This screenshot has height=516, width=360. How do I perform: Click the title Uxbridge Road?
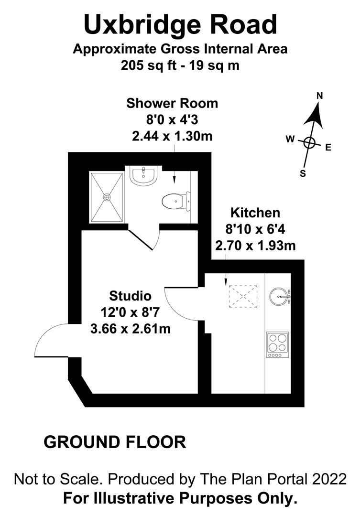[180, 25]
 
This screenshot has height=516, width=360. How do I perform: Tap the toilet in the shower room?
[176, 201]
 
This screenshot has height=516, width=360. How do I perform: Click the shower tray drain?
[107, 197]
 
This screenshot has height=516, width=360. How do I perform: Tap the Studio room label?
[131, 296]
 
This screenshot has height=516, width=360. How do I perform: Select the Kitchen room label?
[255, 213]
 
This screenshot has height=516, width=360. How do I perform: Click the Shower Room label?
[172, 103]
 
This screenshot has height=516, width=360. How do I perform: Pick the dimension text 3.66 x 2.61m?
[131, 328]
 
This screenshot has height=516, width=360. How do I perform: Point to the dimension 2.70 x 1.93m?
[255, 246]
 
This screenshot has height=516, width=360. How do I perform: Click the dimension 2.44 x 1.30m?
[172, 136]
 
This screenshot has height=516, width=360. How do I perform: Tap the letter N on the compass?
[319, 96]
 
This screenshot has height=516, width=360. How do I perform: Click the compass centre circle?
[309, 143]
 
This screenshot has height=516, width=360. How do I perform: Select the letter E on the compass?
[328, 148]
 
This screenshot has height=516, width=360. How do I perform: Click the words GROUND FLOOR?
[115, 442]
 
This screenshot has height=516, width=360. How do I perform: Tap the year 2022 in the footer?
[329, 479]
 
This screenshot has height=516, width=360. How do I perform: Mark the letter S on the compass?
[303, 173]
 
